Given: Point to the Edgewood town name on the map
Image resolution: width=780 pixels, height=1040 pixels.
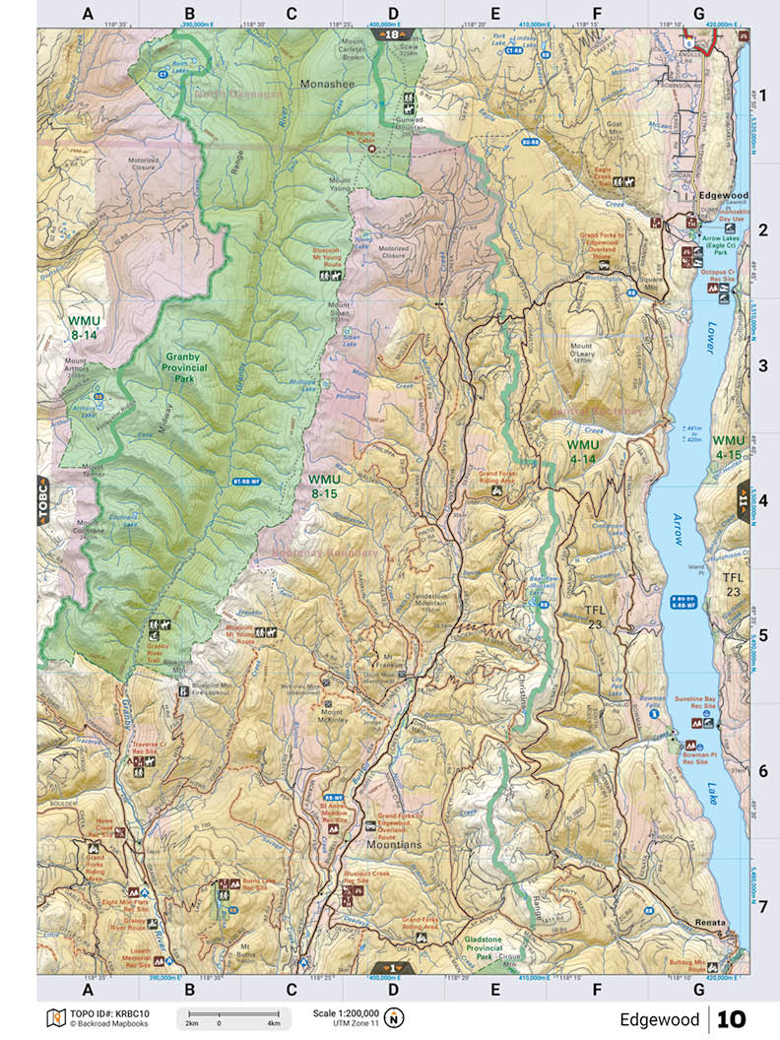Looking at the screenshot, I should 724,196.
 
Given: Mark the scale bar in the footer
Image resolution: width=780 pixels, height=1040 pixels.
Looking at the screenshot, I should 232,1019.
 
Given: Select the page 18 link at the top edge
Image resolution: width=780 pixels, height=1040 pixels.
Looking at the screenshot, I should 392,34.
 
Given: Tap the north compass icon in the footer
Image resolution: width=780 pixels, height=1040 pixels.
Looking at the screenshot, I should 394,1016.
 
